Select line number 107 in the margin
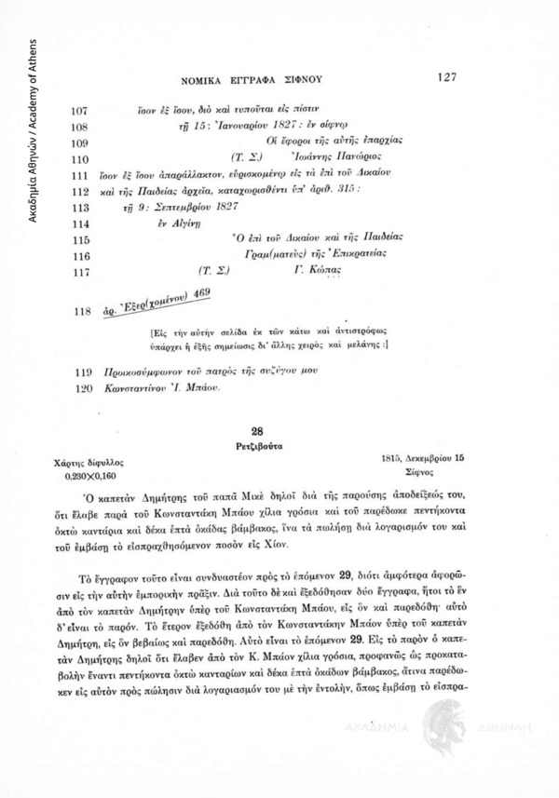pyautogui.click(x=80, y=110)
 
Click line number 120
pyautogui.click(x=80, y=385)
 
